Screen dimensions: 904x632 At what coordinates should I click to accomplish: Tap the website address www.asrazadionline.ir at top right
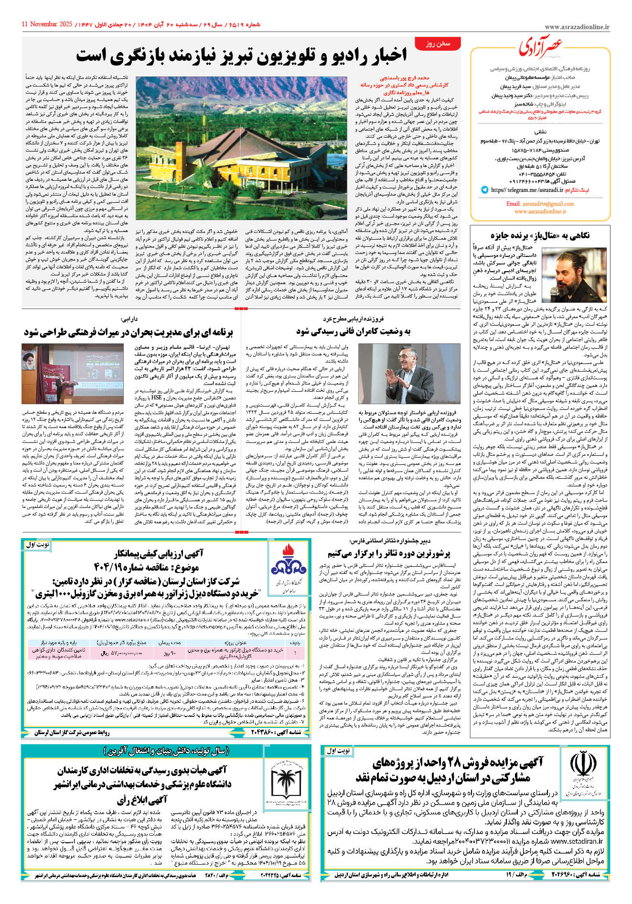click(x=577, y=27)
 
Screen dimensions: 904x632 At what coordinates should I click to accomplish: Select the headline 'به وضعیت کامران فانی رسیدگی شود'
click(x=353, y=331)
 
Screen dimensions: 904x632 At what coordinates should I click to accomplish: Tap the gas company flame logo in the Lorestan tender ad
click(x=289, y=563)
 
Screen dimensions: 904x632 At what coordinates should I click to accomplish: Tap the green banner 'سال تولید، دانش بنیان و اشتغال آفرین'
click(x=166, y=751)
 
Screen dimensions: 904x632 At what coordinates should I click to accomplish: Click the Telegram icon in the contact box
click(x=485, y=190)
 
